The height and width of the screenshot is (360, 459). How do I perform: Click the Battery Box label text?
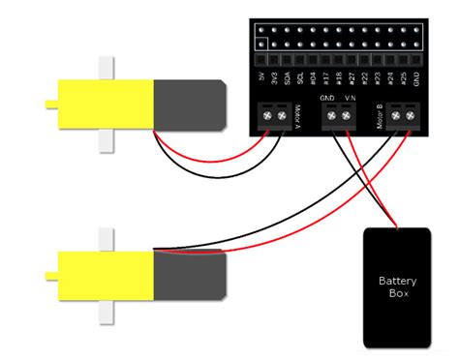pos(398,288)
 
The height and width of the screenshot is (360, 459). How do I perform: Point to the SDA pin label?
pos(295,75)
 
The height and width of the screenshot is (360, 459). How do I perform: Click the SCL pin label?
pos(312,75)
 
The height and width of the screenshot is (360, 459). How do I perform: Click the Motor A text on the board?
pos(294,112)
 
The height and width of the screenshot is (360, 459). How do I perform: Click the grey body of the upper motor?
pos(190,102)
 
